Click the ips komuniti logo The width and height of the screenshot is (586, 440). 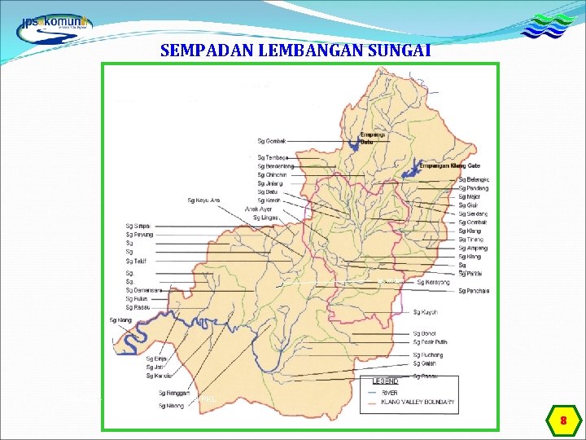[55, 24]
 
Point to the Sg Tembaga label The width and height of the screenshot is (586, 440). [272, 156]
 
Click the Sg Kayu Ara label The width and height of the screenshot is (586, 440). [203, 200]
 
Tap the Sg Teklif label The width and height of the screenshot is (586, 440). [136, 261]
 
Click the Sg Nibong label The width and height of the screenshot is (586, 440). [172, 405]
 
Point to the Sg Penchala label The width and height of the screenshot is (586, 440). [474, 291]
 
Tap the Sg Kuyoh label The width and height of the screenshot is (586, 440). [425, 312]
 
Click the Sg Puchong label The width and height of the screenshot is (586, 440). [427, 355]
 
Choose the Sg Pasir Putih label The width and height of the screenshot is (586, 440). [431, 343]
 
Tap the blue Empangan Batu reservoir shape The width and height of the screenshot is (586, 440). [352, 146]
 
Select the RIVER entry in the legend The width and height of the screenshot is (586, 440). [390, 393]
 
